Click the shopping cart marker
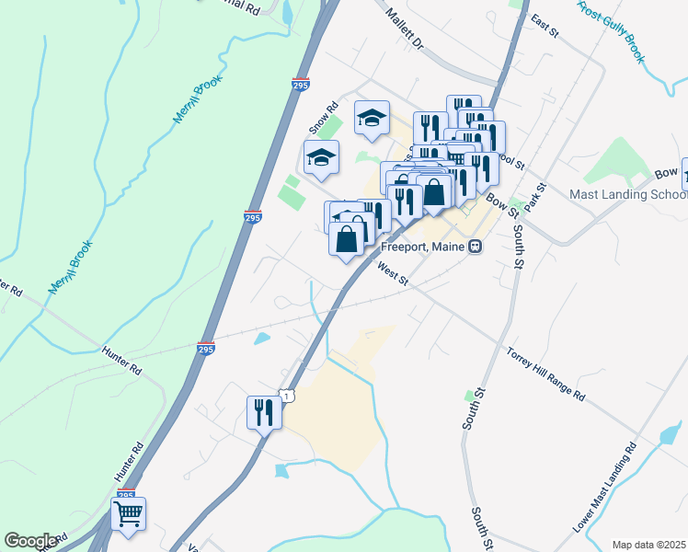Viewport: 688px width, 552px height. (x=129, y=514)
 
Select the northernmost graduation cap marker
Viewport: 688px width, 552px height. (x=372, y=118)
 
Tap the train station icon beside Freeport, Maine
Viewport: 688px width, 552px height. (x=476, y=247)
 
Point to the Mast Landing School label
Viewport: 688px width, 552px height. (x=627, y=194)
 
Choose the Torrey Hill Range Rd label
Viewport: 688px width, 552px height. (x=545, y=375)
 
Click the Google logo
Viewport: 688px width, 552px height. (x=30, y=541)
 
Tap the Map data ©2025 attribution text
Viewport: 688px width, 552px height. (x=648, y=545)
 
